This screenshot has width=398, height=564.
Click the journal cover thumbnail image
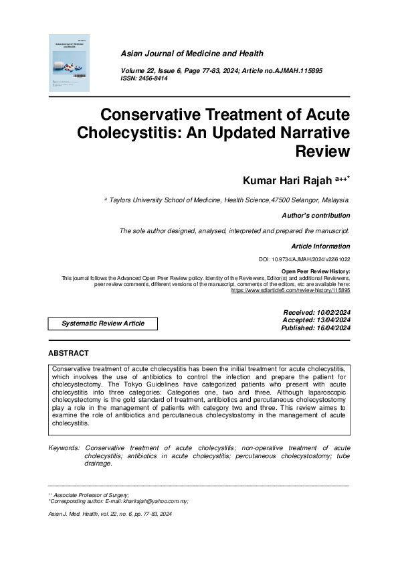pyautogui.click(x=71, y=64)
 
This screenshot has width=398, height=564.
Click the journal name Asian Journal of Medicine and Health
pyautogui.click(x=191, y=54)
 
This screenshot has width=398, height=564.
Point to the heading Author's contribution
pyautogui.click(x=317, y=216)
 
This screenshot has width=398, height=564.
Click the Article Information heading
pyautogui.click(x=320, y=246)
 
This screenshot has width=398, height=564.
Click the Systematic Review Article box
pyautogui.click(x=103, y=323)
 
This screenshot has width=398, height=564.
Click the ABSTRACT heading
pyautogui.click(x=68, y=353)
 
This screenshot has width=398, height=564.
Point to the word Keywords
pyautogui.click(x=64, y=447)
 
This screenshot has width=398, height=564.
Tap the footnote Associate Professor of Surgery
pyautogui.click(x=87, y=495)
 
